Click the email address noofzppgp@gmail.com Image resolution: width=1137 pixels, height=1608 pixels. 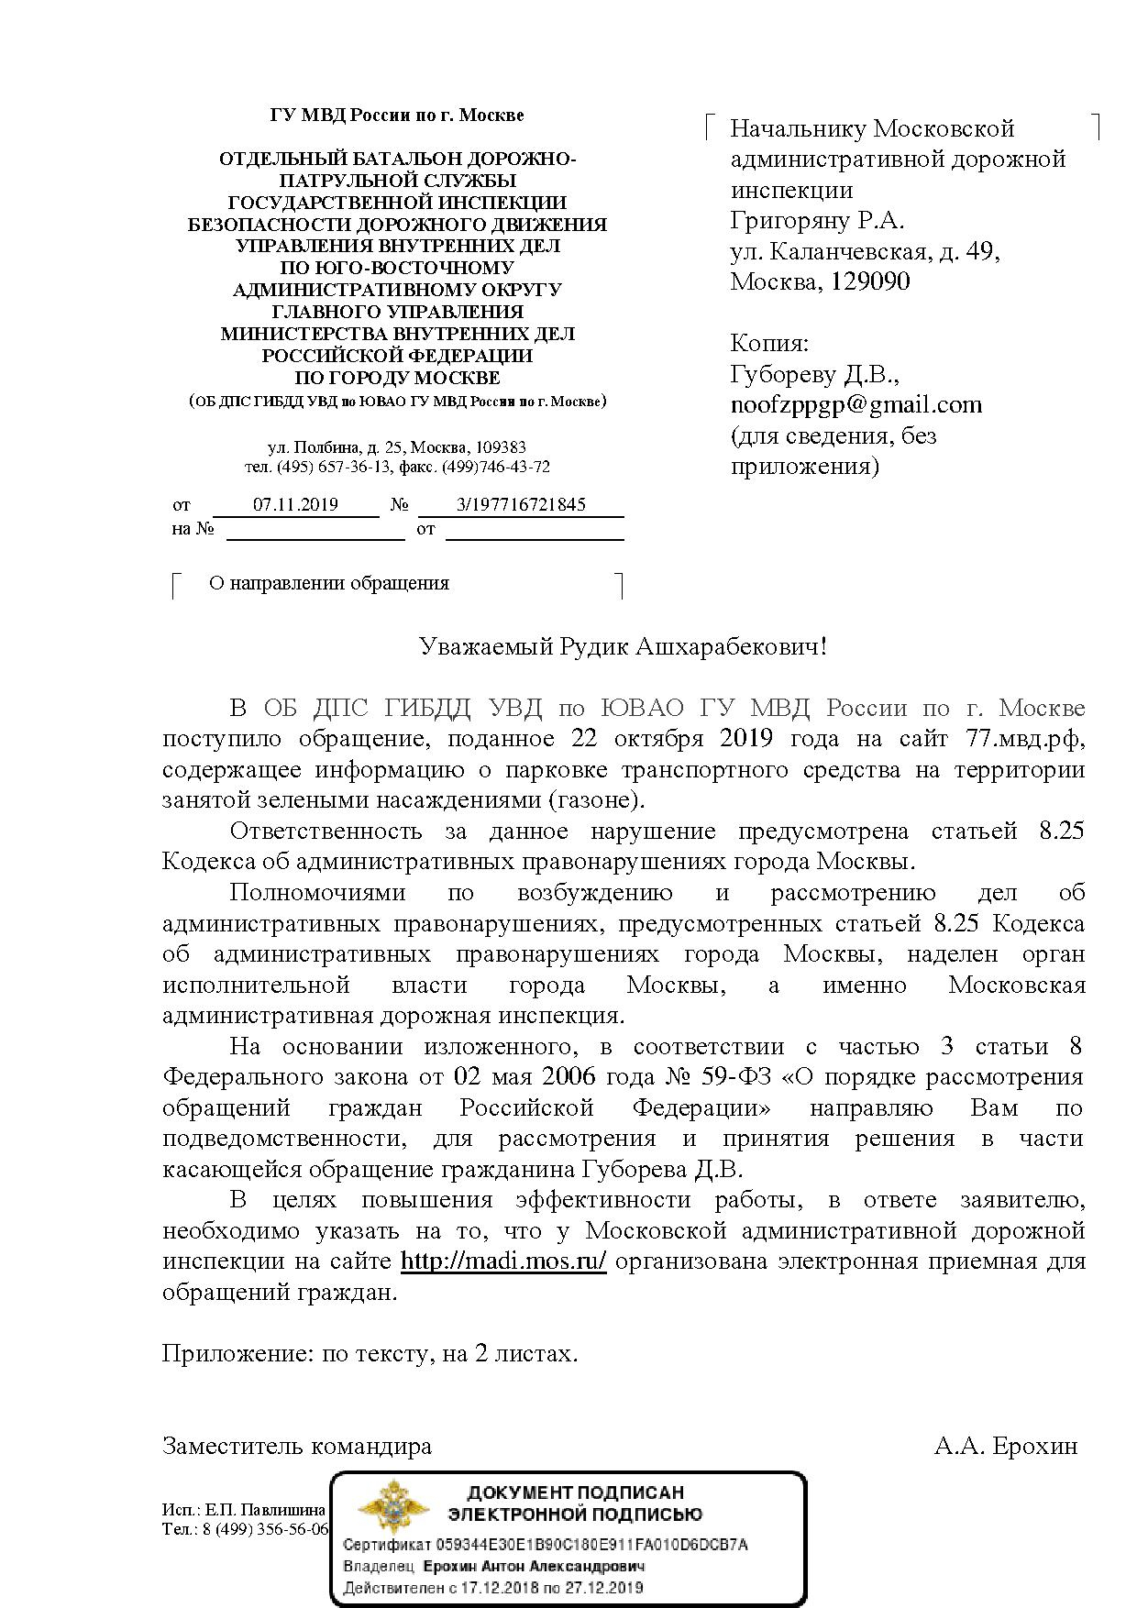tap(856, 405)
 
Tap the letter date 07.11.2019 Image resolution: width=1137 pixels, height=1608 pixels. tap(295, 505)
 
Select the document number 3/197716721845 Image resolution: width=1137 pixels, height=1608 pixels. tap(521, 505)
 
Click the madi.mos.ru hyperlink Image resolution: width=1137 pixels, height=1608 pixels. tap(503, 1261)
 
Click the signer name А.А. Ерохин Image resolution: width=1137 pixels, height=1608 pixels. tap(1006, 1447)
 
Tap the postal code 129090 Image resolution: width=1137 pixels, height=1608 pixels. tap(870, 281)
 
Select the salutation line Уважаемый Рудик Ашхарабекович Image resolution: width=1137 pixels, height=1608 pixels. tap(623, 647)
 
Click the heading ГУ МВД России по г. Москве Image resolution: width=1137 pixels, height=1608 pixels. tap(397, 116)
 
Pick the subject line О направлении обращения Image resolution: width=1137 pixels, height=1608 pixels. tap(329, 583)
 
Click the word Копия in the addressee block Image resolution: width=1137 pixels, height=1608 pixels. tap(769, 344)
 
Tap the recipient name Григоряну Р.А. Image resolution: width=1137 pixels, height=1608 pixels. tap(817, 221)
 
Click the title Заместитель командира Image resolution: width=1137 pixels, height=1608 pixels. tap(297, 1447)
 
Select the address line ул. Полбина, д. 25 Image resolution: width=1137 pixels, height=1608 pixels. tap(336, 448)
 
